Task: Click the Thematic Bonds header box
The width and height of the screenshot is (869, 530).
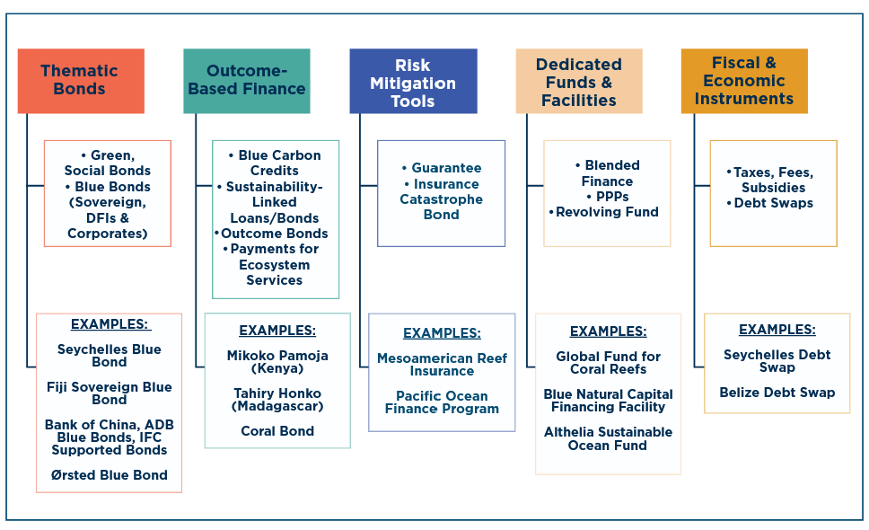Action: point(80,80)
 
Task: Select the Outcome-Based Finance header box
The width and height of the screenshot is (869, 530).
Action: point(247,80)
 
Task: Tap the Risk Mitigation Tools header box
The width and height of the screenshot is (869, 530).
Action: point(413,82)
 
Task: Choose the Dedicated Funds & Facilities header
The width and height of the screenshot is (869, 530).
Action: point(579,82)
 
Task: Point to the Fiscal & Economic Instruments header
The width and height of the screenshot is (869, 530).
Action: point(744,81)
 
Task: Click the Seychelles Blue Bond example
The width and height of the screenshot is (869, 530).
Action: point(110,356)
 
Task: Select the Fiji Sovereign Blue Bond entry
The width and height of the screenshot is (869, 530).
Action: point(110,393)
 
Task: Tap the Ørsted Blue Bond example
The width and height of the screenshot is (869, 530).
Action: point(110,475)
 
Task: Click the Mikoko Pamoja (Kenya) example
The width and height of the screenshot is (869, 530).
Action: point(277,362)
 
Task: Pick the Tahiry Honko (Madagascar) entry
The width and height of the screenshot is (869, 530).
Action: point(277,400)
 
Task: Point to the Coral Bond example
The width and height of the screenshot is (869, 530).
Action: point(277,431)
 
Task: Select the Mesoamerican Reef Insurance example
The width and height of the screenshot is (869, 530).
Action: point(442,365)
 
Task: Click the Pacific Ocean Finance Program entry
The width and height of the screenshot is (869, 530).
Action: point(442,402)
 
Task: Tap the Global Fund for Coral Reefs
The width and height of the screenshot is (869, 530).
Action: point(608,363)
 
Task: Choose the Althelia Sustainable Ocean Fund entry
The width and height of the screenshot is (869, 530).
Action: point(608,438)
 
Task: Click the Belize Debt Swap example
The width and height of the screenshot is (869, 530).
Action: point(777,393)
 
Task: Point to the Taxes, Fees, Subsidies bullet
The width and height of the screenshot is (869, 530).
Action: point(773,180)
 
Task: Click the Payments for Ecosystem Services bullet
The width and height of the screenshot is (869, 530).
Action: point(275,264)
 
